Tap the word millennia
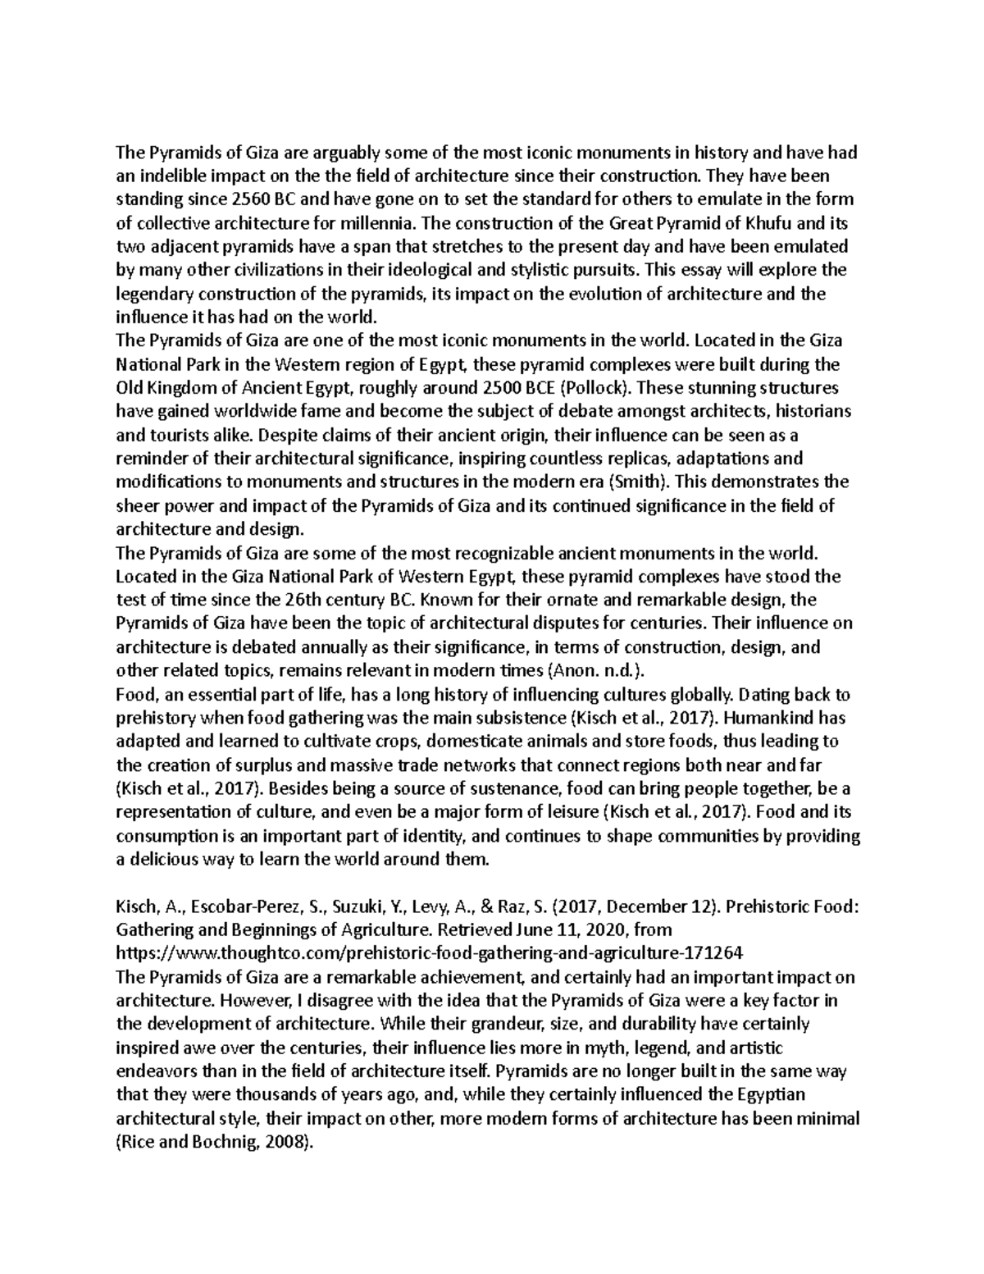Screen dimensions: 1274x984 point(380,222)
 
